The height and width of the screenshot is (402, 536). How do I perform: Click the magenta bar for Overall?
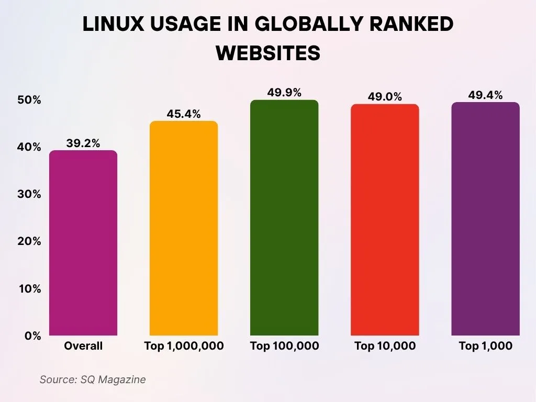(83, 243)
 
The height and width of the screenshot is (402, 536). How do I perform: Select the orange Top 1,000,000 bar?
(184, 228)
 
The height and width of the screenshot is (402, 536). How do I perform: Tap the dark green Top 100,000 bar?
(284, 218)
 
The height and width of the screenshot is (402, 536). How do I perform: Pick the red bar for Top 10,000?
(385, 220)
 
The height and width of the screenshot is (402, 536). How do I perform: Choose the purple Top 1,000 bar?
(485, 219)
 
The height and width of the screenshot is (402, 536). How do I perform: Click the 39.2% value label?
(83, 143)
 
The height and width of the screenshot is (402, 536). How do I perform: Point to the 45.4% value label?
(184, 114)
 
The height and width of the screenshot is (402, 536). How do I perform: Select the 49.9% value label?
(284, 93)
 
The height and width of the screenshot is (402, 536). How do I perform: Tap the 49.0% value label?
(385, 97)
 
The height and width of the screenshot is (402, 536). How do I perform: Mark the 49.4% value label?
(485, 95)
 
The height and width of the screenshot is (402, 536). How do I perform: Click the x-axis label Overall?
(83, 346)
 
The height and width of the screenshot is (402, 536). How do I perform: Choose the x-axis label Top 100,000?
(284, 346)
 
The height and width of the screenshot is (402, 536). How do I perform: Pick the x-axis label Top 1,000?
(485, 346)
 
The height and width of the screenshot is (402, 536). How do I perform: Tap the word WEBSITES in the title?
(268, 53)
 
